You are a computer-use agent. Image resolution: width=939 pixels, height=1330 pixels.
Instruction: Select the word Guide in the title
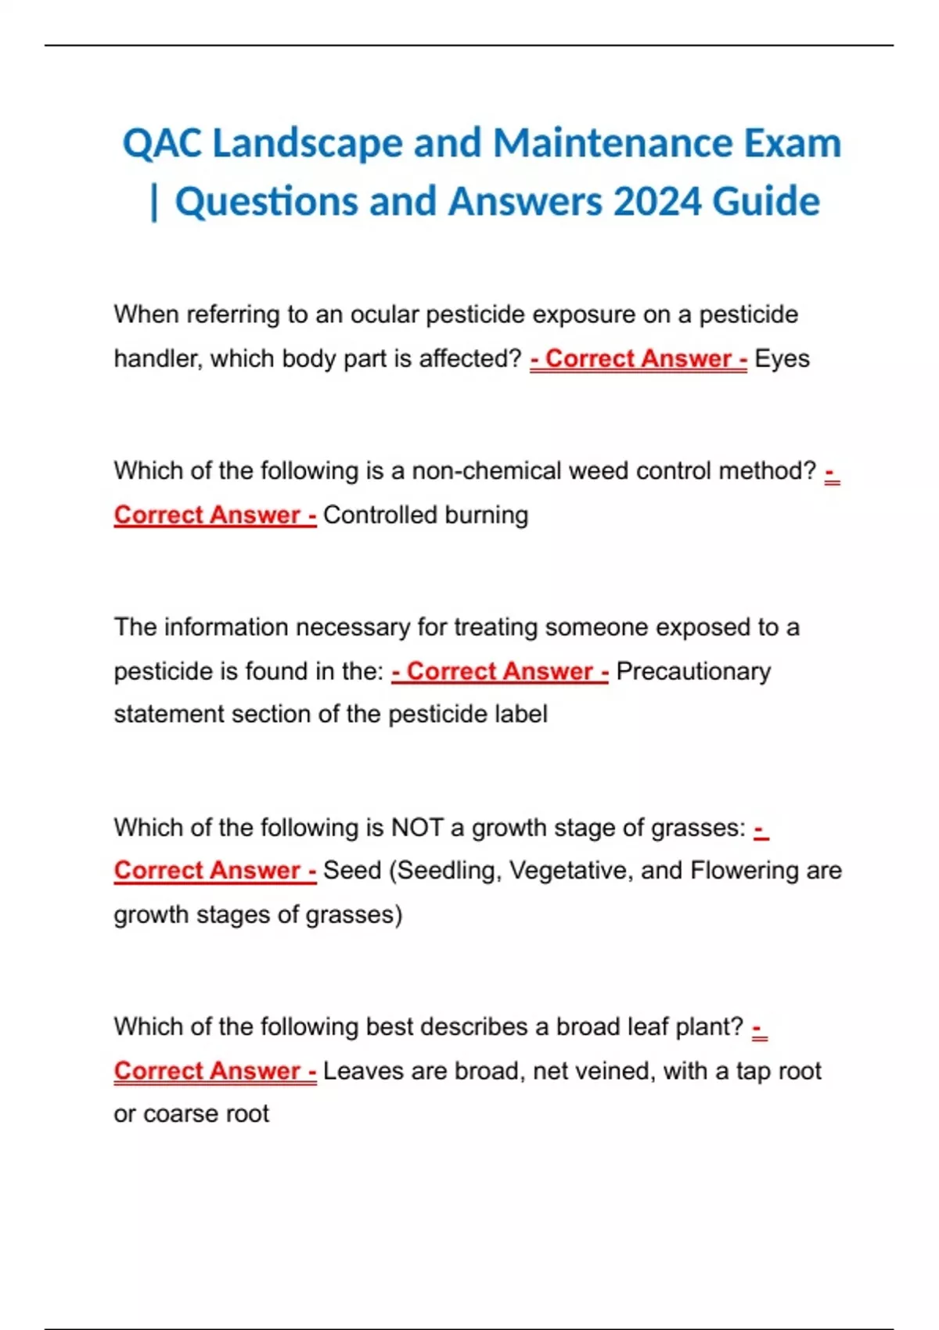tap(766, 202)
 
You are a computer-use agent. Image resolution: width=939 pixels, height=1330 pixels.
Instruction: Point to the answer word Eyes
tap(782, 359)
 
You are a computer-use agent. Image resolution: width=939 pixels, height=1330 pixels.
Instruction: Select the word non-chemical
tap(486, 471)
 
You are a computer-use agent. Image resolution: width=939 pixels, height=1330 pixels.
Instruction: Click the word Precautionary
tap(693, 671)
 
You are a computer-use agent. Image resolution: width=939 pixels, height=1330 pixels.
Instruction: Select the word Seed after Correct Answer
tap(352, 871)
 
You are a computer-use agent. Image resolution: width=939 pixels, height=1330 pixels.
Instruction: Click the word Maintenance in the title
tap(613, 144)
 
